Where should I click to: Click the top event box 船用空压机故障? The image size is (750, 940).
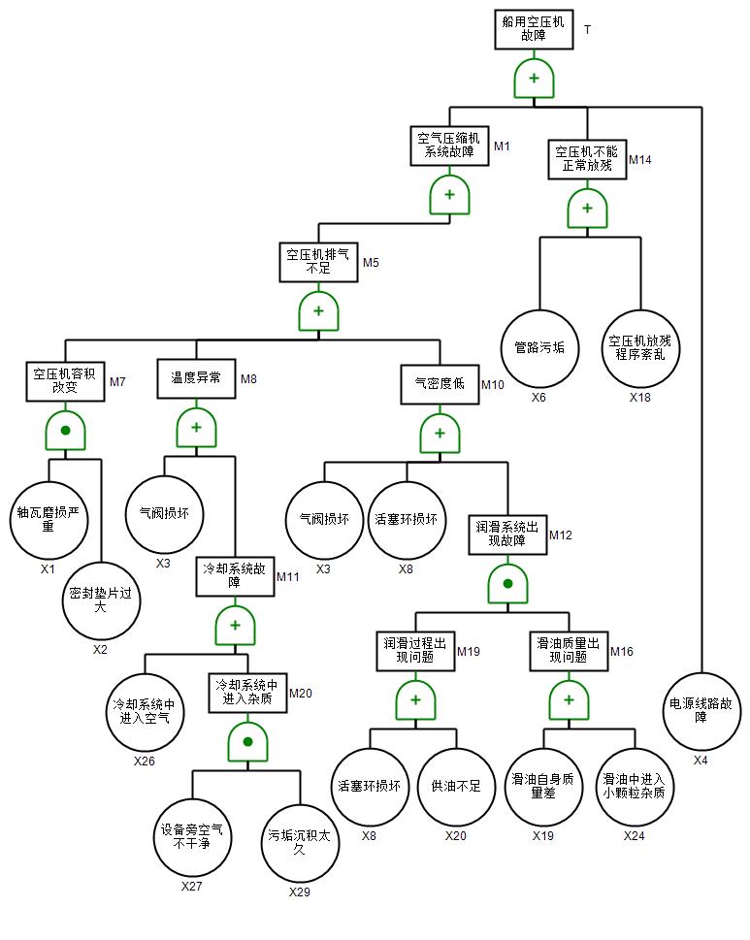pyautogui.click(x=534, y=29)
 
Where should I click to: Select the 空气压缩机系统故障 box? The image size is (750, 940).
pyautogui.click(x=449, y=145)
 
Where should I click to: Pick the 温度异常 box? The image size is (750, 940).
pyautogui.click(x=196, y=378)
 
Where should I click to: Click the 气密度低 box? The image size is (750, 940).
pyautogui.click(x=440, y=383)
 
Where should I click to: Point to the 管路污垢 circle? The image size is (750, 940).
pyautogui.click(x=539, y=347)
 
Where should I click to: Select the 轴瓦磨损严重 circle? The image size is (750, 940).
pyautogui.click(x=49, y=519)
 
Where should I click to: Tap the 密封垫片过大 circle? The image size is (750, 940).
pyautogui.click(x=101, y=600)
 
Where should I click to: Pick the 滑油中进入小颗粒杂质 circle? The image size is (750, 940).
pyautogui.click(x=634, y=786)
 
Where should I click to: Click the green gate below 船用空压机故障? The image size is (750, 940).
pyautogui.click(x=534, y=79)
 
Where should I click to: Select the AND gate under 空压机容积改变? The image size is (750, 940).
pyautogui.click(x=66, y=430)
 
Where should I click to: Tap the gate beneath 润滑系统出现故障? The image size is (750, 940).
pyautogui.click(x=506, y=585)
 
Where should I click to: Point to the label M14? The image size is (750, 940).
pyautogui.click(x=640, y=159)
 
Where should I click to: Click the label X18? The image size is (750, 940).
pyautogui.click(x=639, y=398)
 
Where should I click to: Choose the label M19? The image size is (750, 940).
pyautogui.click(x=469, y=652)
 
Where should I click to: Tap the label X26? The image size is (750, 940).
pyautogui.click(x=145, y=761)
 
